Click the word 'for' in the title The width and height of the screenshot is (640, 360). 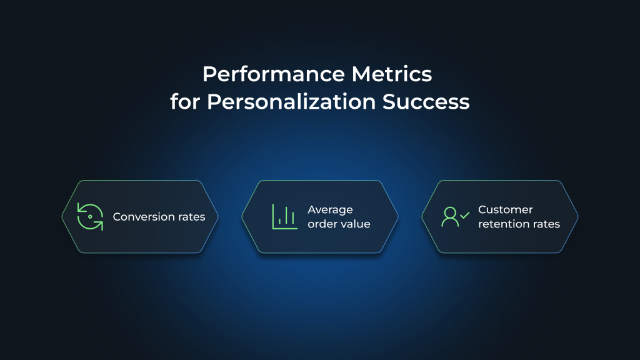pyautogui.click(x=186, y=101)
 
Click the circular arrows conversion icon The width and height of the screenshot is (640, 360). pyautogui.click(x=90, y=216)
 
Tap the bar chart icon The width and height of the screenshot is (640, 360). pyautogui.click(x=284, y=216)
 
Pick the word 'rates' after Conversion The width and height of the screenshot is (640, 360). pyautogui.click(x=190, y=217)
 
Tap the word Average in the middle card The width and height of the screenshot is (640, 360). pyautogui.click(x=330, y=210)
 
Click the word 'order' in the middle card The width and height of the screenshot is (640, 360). pyautogui.click(x=321, y=224)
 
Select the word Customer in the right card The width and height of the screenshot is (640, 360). pyautogui.click(x=505, y=210)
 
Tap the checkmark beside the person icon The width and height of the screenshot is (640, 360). pyautogui.click(x=464, y=215)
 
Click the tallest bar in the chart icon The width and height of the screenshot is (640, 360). pyautogui.click(x=286, y=216)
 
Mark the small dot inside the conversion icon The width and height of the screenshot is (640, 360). pyautogui.click(x=91, y=216)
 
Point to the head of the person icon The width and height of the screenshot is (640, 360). pyautogui.click(x=450, y=211)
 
